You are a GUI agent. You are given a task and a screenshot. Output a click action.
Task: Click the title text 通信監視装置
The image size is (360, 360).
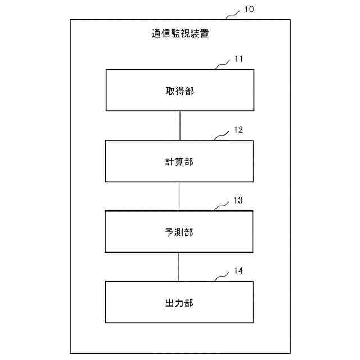[180, 34]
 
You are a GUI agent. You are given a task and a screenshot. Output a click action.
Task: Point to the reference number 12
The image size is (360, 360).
[238, 129]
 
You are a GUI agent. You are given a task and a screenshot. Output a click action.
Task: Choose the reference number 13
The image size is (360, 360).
[238, 200]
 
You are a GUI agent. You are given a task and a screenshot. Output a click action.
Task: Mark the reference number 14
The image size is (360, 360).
[238, 271]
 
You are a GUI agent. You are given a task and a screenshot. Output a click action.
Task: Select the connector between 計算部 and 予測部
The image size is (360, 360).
[179, 196]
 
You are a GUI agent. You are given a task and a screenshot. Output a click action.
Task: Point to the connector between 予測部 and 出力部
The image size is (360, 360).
[179, 267]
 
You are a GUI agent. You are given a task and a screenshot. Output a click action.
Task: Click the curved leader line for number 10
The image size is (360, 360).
[233, 15]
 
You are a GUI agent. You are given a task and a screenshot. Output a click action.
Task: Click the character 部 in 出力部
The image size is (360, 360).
[189, 303]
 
